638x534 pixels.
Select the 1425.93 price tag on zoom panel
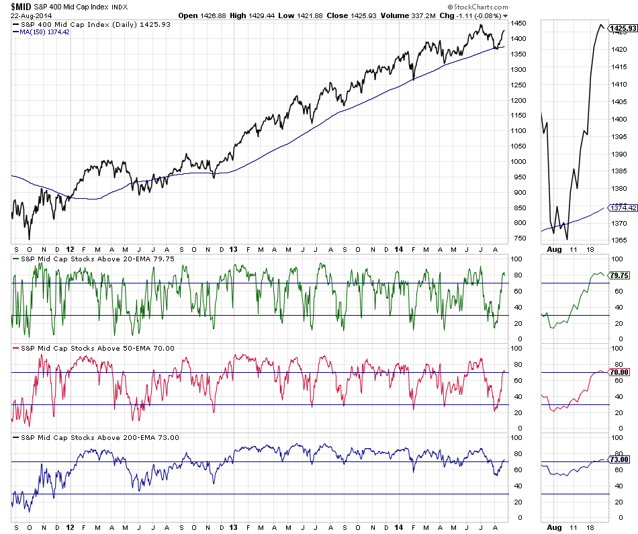[x=621, y=28]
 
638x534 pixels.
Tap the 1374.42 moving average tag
[x=621, y=208]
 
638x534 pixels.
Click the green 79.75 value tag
[x=619, y=275]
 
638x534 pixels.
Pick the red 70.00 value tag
[x=619, y=372]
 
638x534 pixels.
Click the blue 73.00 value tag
[x=619, y=459]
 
